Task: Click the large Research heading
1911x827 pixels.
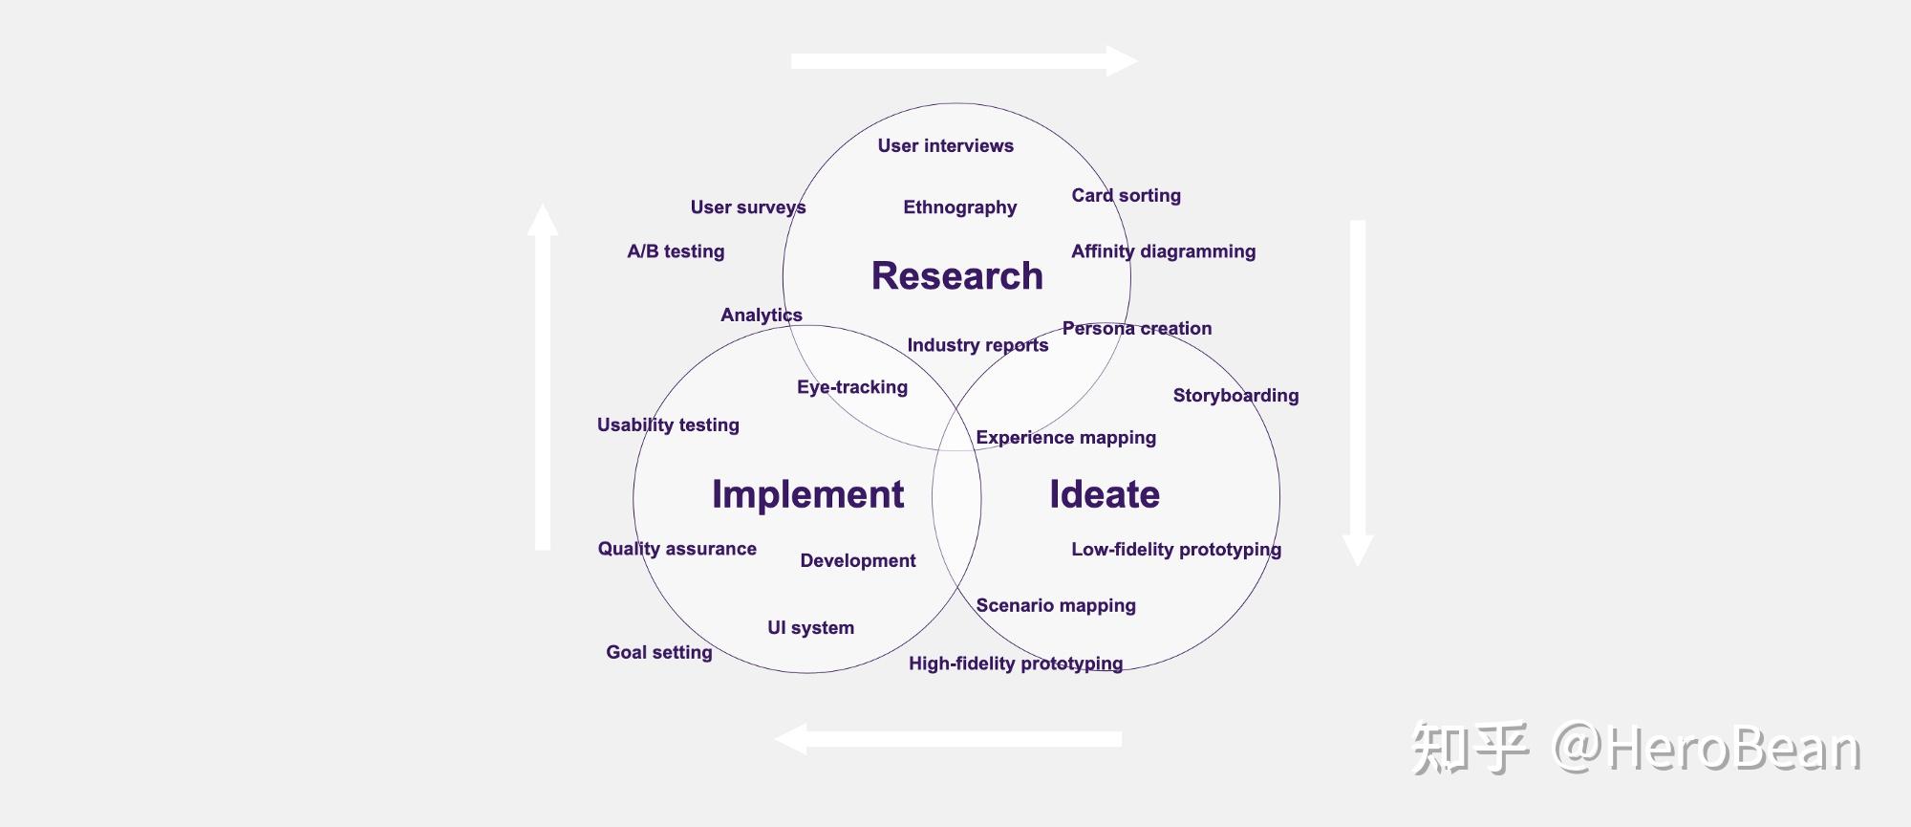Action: [956, 276]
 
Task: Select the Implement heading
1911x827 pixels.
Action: [807, 494]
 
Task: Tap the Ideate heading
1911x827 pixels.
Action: [1105, 494]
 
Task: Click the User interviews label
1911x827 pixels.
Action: [945, 146]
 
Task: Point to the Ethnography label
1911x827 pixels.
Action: [959, 207]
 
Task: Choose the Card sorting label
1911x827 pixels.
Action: [1126, 196]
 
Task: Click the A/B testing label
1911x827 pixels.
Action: [676, 251]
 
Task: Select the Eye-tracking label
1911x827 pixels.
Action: [852, 387]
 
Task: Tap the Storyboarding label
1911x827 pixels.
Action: [1235, 396]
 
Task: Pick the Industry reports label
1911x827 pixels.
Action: [977, 345]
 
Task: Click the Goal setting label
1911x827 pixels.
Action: [658, 653]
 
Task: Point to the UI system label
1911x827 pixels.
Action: [810, 628]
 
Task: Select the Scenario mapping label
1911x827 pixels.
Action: [1056, 606]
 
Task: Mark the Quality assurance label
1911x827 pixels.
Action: [676, 549]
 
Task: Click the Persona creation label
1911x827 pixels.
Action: [1136, 329]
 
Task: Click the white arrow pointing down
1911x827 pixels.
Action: [1357, 392]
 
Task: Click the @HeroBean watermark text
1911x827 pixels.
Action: [1706, 749]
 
